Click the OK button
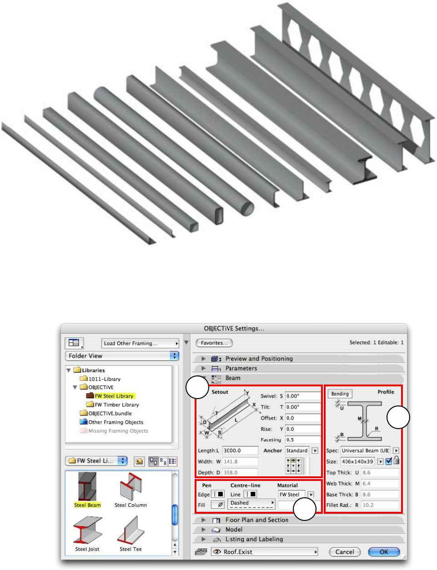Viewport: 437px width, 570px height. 384,552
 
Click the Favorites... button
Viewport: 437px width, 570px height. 214,343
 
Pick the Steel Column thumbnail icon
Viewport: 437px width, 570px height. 131,487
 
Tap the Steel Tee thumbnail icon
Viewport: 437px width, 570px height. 131,530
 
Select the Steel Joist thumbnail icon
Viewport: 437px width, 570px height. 87,530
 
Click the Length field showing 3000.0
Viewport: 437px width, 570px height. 240,450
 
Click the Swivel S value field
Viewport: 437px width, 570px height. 303,396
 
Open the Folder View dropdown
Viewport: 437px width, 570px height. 122,356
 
